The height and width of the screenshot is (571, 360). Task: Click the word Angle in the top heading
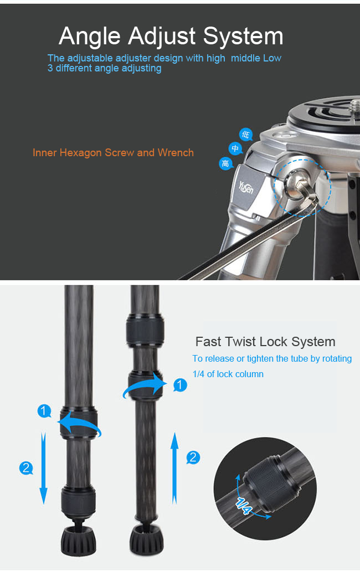point(90,37)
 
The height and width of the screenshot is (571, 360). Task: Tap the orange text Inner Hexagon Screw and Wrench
point(113,152)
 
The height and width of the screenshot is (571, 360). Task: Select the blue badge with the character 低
point(246,135)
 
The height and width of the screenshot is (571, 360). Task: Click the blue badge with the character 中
point(235,148)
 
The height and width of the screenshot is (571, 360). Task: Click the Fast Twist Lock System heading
point(265,342)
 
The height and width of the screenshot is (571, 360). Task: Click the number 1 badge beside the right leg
point(180,384)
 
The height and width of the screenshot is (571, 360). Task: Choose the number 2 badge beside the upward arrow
point(193,457)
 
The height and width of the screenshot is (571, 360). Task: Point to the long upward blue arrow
point(174,468)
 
